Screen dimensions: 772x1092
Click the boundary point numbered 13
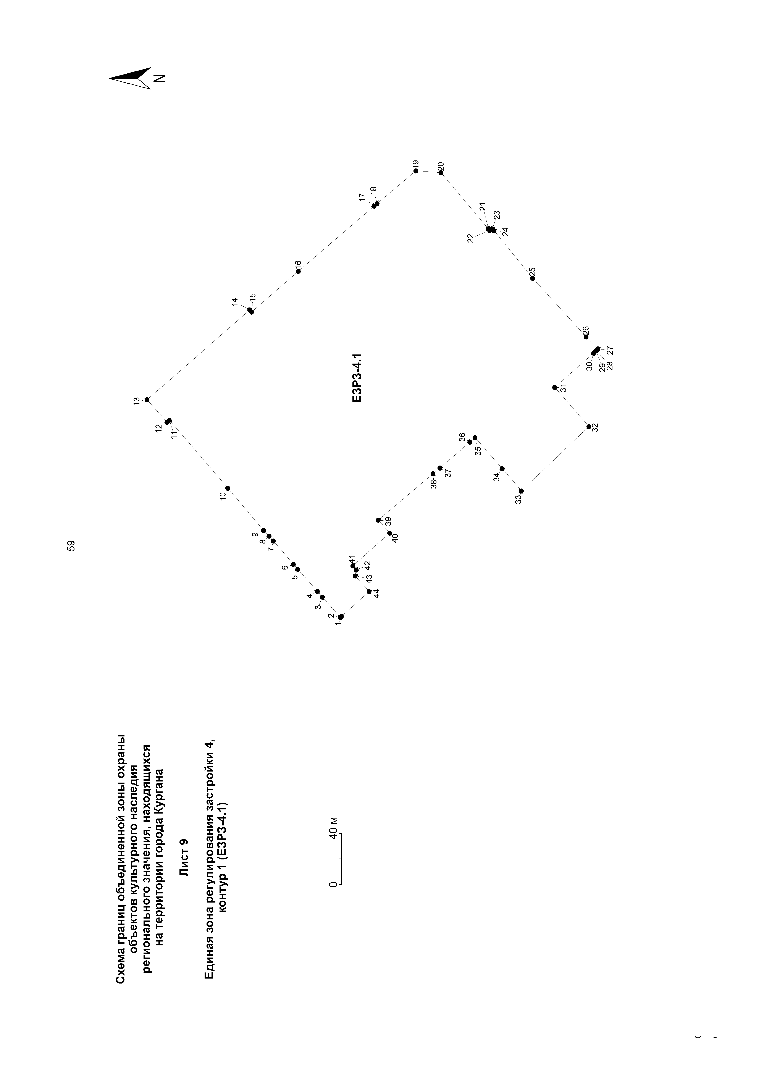pos(147,400)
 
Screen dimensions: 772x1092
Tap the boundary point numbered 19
pos(416,171)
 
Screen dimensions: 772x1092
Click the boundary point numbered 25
pos(532,278)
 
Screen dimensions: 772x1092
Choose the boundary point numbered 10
pos(228,488)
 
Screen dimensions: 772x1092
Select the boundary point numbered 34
pos(502,468)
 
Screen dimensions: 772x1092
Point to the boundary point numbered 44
pos(369,592)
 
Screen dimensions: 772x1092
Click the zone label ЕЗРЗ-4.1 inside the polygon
pos(357,378)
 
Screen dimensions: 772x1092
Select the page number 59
pos(71,545)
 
